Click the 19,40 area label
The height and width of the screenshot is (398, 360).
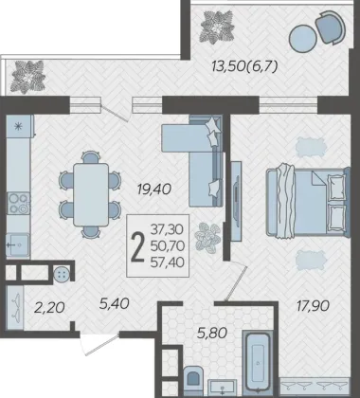point(154,190)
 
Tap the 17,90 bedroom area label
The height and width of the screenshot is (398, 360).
point(313,306)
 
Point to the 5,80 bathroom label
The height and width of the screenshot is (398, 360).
point(212,333)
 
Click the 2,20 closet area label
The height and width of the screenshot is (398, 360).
point(49,307)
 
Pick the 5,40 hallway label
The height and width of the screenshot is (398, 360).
point(114,304)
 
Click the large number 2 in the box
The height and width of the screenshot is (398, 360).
point(137,246)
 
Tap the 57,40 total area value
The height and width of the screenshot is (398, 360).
point(168,262)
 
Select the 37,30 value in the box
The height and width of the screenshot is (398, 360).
point(167,229)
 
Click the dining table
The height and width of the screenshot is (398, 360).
point(91,194)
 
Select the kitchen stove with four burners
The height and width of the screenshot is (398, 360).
point(19,203)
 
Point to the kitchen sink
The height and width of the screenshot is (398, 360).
point(18,244)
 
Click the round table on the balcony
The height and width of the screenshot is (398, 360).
point(303,38)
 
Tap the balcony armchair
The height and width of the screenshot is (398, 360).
point(331,27)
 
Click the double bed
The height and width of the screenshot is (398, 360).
point(308,203)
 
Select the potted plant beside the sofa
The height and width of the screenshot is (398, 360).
point(207,237)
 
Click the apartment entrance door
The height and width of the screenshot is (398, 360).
point(99,343)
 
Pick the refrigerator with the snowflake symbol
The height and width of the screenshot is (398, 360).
point(20,126)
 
